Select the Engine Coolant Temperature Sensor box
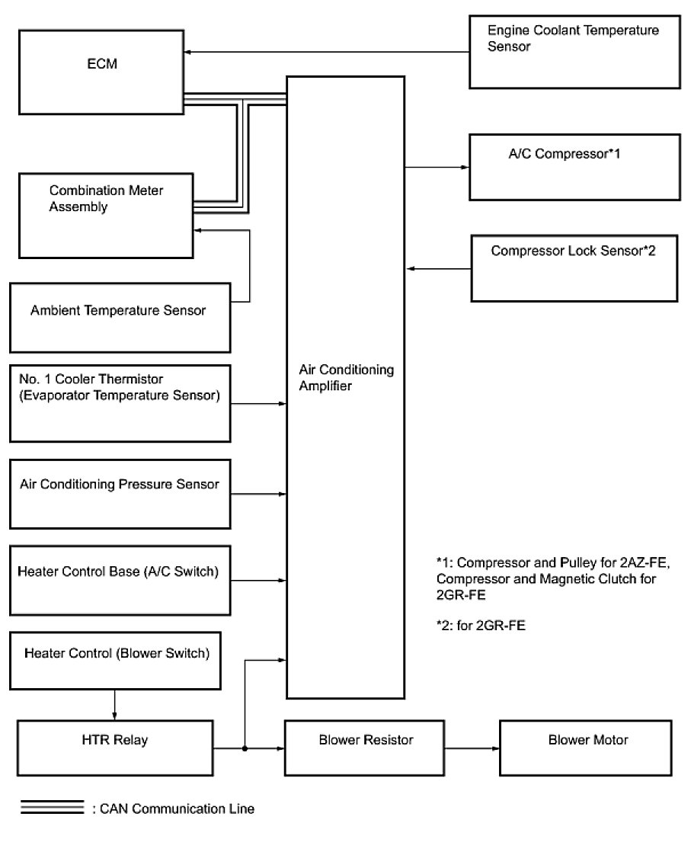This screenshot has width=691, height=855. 574,51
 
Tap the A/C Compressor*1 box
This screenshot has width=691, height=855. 574,167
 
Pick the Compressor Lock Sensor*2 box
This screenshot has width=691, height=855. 574,267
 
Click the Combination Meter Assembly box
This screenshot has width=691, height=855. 106,215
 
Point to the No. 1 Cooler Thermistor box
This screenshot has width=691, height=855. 120,403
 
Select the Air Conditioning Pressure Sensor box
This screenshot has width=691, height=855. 120,493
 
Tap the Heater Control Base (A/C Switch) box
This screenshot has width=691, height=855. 120,580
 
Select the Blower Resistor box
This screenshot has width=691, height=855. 364,748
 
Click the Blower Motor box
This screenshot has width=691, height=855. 587,748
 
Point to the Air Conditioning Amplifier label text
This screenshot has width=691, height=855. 346,377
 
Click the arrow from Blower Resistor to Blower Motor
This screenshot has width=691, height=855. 472,748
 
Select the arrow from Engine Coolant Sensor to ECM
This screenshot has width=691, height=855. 327,52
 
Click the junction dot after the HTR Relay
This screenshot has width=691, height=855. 245,748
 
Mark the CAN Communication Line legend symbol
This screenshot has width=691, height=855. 52,808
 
